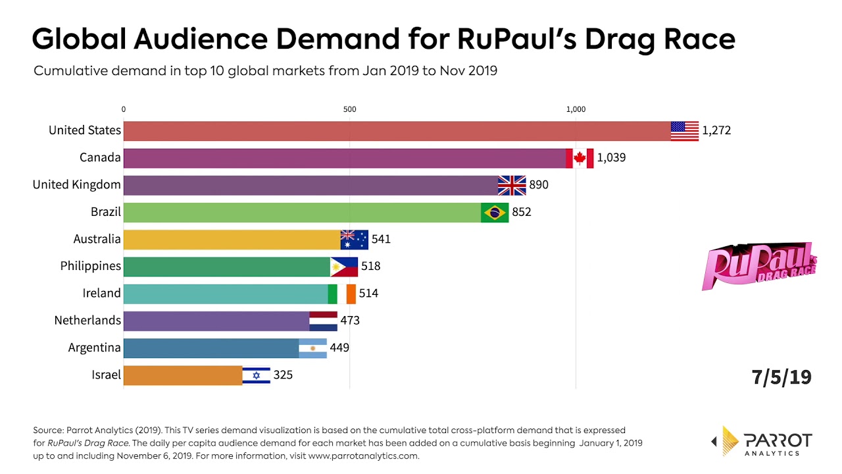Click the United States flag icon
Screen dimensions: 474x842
coord(684,131)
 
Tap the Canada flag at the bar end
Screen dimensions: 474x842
coord(580,158)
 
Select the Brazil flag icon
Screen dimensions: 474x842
coord(495,213)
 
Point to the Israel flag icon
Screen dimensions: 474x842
coord(257,375)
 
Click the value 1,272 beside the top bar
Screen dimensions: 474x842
coord(716,131)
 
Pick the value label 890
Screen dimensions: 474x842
coord(539,185)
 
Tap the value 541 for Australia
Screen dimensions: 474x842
coord(381,239)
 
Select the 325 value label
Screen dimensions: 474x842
coord(283,375)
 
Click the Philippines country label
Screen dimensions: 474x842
coord(91,266)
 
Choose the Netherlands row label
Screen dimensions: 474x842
coord(87,321)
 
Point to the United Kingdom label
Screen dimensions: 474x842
coord(77,185)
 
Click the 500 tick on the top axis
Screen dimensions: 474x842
coord(349,109)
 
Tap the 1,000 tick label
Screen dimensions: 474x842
coord(576,109)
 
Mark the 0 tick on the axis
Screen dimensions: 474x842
coord(124,109)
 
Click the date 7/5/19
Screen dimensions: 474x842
coord(781,377)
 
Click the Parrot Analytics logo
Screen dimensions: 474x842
coord(763,440)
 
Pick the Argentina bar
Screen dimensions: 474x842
coord(210,348)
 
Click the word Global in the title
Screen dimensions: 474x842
coord(78,39)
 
